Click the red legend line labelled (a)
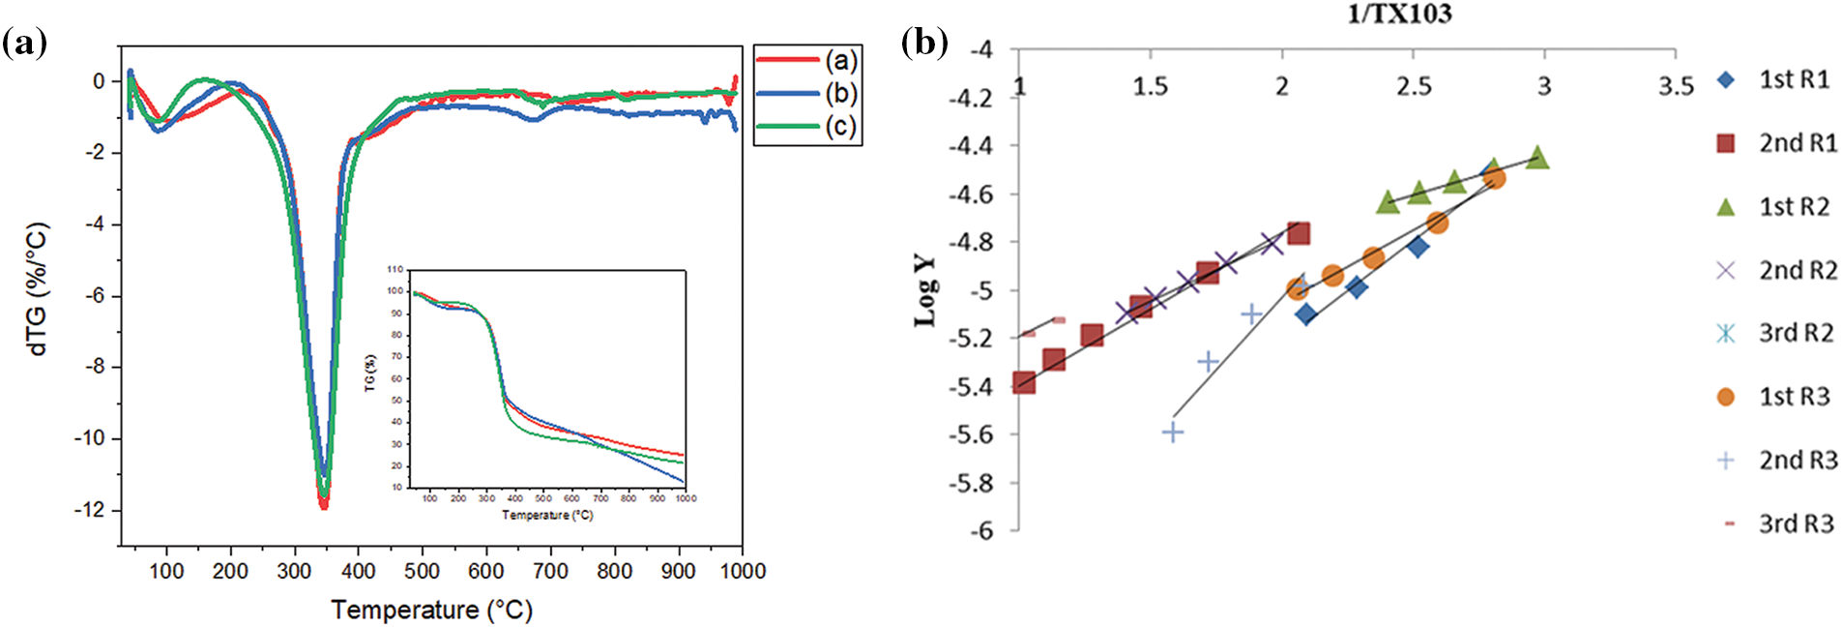pos(788,60)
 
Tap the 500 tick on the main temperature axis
pos(422,571)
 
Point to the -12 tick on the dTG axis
pos(92,510)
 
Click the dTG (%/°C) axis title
pos(38,290)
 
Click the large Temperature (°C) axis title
pos(431,610)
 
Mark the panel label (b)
pos(924,43)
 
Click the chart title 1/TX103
pos(1399,14)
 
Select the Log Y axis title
pos(925,290)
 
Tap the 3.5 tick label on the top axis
pos(1676,87)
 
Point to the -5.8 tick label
pos(971,483)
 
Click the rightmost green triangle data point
pos(1537,158)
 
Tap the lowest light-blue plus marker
pos(1173,432)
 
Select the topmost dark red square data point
pos(1299,233)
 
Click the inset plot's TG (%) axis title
pos(370,373)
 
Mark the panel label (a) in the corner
pos(24,43)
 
